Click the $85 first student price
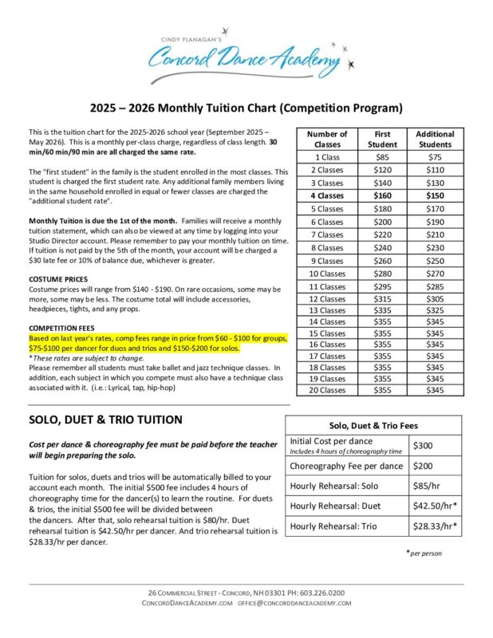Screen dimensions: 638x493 pos(382,157)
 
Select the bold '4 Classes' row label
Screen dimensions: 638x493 pos(328,195)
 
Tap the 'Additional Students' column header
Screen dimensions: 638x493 pos(436,139)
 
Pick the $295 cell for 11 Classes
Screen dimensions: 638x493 pos(382,286)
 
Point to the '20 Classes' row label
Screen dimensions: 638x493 pos(328,390)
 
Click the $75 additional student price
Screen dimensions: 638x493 pos(436,157)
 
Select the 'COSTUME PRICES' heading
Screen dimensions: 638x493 pos(57,279)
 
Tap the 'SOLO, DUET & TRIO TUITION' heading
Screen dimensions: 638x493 pos(106,419)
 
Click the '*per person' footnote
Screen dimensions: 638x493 pos(424,552)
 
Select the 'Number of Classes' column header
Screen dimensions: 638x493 pos(328,139)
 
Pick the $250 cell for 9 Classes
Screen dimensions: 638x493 pos(436,261)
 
